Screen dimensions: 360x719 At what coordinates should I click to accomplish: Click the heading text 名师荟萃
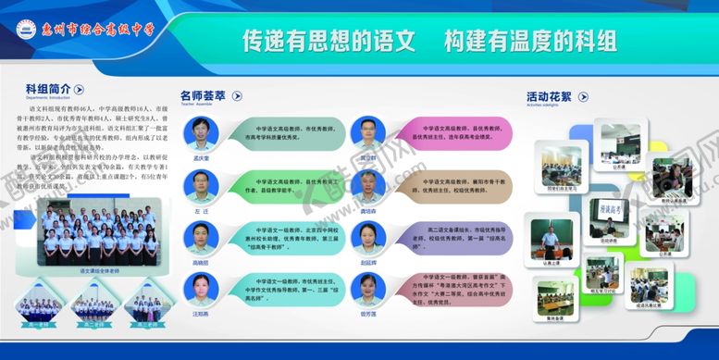coord(203,95)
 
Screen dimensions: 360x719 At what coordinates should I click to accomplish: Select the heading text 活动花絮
coord(549,95)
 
